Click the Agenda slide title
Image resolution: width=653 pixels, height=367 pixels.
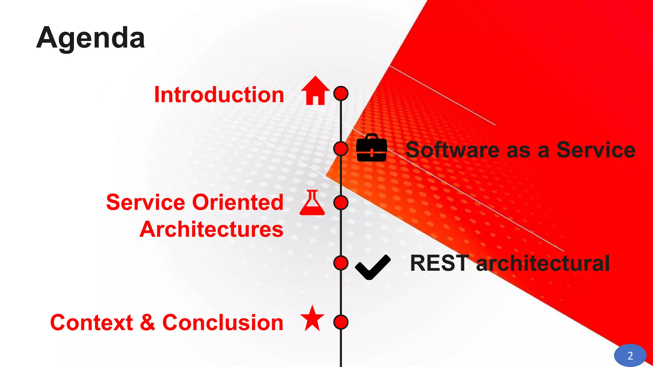(91, 38)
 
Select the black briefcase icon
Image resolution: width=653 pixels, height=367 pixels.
(371, 148)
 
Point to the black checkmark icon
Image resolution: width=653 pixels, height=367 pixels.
(372, 267)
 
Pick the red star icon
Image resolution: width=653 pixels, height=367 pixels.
(312, 319)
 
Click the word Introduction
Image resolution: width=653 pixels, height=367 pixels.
(219, 95)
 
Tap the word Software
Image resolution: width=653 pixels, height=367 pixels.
(452, 150)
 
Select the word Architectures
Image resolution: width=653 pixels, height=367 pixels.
(211, 229)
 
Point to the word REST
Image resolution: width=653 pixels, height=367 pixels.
(439, 263)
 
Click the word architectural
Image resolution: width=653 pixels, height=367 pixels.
(543, 263)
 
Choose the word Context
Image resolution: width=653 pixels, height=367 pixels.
(92, 322)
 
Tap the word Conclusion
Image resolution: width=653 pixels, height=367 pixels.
(223, 322)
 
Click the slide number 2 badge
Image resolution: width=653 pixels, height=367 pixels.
(630, 356)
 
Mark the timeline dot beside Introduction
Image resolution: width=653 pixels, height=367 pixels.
(341, 93)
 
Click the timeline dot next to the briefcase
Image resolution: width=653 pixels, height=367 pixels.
(341, 148)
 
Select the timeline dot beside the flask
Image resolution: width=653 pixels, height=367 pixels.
(341, 203)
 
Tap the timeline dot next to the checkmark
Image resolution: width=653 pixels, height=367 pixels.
(341, 263)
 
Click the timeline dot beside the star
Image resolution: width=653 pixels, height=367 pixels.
(341, 322)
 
